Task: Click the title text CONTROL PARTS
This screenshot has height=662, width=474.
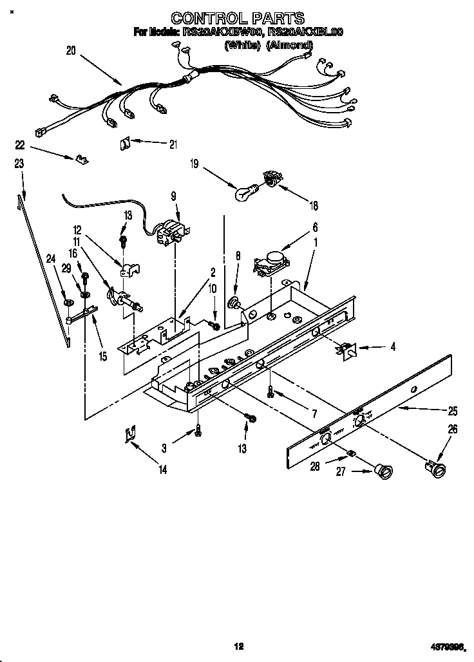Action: pos(238,19)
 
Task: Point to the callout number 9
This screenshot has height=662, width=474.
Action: pos(173,198)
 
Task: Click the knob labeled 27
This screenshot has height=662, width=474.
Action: pos(384,473)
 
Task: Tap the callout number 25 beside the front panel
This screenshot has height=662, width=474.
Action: pos(452,411)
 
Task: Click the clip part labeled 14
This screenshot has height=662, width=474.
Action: pos(130,435)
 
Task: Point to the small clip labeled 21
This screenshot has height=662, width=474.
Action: pos(125,144)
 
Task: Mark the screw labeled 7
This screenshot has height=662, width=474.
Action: pos(271,392)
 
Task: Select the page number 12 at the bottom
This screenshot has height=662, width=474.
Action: pos(238,646)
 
